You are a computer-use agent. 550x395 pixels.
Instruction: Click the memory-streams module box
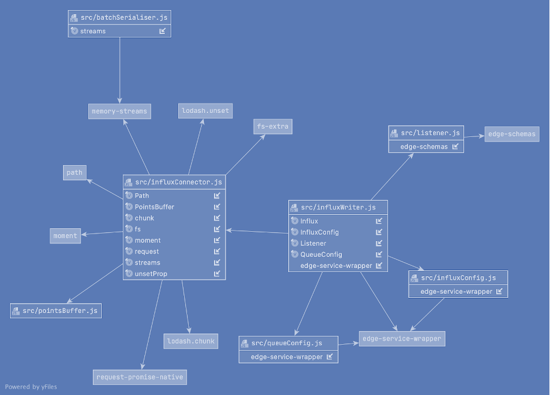tap(119, 111)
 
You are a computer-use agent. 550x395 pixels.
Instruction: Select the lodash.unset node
tap(205, 111)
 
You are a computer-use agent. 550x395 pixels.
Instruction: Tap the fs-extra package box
tap(273, 126)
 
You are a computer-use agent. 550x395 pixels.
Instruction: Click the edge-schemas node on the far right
tap(511, 134)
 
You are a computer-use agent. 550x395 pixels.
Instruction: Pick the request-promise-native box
tap(140, 377)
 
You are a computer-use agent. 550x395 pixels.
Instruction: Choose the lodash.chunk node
tap(191, 341)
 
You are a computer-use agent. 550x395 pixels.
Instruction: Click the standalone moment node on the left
tap(65, 236)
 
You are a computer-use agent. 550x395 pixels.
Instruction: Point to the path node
tap(74, 173)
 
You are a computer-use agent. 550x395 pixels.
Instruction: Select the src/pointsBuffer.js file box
tap(56, 311)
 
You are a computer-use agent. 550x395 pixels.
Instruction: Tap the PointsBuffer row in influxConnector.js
tap(154, 207)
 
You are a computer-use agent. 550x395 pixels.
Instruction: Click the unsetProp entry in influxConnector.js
tap(151, 273)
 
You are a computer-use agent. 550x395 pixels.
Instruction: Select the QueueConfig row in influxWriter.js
tap(321, 255)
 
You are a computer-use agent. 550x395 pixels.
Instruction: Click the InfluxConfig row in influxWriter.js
tap(319, 232)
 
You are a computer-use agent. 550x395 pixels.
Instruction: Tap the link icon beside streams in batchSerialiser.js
tap(162, 31)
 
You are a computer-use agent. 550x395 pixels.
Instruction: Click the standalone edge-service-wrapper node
tap(402, 338)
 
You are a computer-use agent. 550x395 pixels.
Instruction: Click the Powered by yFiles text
tap(31, 387)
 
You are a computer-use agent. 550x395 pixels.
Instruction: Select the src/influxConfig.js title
tap(458, 277)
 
